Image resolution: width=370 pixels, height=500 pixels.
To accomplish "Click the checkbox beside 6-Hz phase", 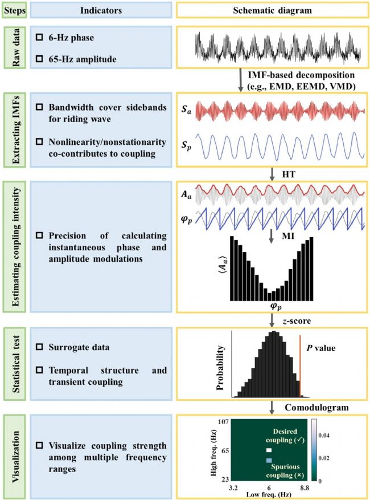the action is [39, 37].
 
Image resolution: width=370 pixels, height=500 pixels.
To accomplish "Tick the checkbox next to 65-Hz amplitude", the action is [39, 59].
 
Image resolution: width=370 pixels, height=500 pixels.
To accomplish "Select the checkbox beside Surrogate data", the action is [39, 347].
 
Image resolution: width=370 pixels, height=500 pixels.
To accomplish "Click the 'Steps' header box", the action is [15, 11].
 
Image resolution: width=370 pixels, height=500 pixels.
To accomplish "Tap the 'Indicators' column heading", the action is [101, 10].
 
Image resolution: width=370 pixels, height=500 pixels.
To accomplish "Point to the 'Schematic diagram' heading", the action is [272, 10].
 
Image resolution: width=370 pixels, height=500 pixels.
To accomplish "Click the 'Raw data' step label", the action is [15, 47].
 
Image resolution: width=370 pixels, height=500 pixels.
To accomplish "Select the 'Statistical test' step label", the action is [15, 364].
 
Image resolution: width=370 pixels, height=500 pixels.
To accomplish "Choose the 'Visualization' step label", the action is [15, 456].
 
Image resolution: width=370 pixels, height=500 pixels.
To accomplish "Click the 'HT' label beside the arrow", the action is [289, 174].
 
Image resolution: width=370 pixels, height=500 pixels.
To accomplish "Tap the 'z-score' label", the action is [297, 320].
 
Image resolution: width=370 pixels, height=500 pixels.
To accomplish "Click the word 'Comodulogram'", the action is [316, 407].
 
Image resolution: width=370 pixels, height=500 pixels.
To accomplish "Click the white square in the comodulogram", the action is [269, 450].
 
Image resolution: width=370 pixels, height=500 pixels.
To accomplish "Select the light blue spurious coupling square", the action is [269, 461].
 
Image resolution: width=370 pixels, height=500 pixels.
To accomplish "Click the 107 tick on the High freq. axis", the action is [223, 421].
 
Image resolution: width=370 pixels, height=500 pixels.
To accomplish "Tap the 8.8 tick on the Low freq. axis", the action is [305, 487].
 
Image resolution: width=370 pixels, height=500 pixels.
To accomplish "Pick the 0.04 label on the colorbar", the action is [324, 435].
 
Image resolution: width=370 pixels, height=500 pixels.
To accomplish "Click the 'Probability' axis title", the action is [220, 368].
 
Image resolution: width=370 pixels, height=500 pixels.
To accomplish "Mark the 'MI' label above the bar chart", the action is [288, 236].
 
